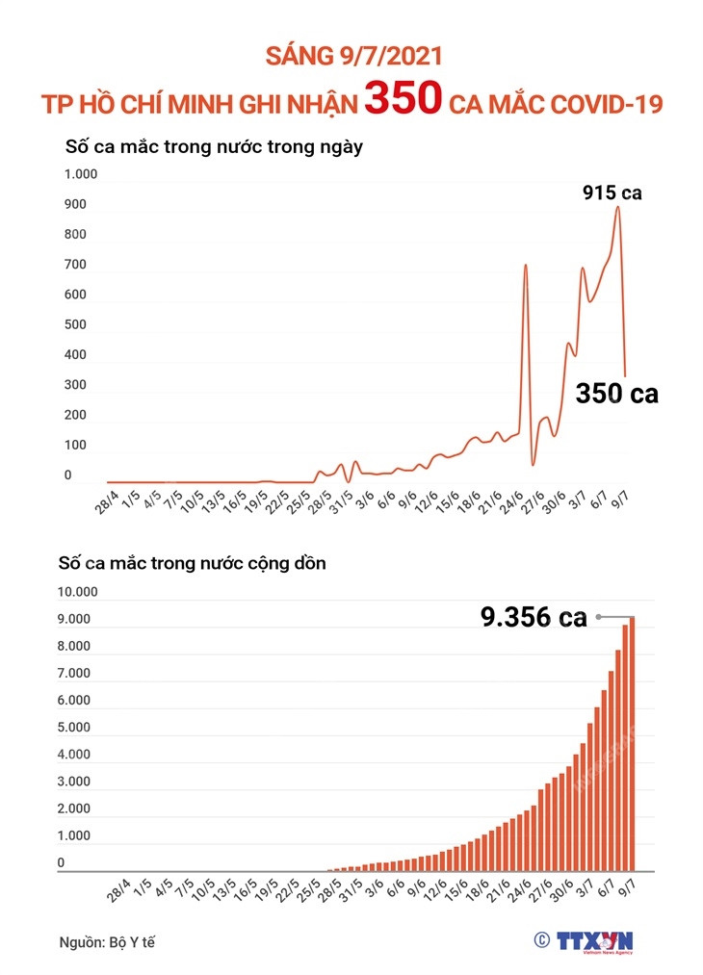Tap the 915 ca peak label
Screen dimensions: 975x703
[x=612, y=192]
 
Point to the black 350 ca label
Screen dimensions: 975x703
[x=616, y=393]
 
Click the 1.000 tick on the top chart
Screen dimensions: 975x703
[x=81, y=174]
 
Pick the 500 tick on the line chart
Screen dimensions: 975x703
[x=74, y=324]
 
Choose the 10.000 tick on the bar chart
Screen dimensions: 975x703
[x=75, y=592]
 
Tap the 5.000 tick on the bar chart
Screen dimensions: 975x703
[x=75, y=728]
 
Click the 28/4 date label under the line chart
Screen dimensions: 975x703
[x=105, y=502]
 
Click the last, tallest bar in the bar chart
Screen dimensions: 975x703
[x=633, y=742]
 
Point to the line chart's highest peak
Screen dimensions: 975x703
[x=617, y=208]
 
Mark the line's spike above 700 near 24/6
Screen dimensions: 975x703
[x=525, y=266]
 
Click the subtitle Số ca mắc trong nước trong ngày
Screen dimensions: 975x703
[x=213, y=147]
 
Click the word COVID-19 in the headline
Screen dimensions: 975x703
[x=596, y=104]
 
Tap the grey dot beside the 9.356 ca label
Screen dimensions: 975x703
[x=598, y=617]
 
